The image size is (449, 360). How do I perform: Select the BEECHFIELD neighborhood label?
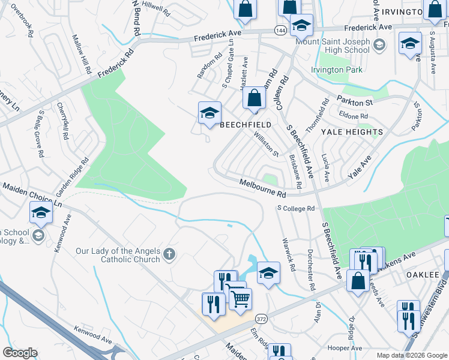tap(246, 125)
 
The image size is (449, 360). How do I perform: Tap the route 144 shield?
tap(280, 29)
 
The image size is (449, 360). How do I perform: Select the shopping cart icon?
tap(240, 298)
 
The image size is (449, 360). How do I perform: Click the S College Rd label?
tap(295, 209)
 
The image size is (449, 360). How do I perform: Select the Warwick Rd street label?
tap(288, 254)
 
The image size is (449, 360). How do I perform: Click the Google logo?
tap(20, 353)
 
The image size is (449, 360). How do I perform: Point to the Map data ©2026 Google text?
tap(411, 355)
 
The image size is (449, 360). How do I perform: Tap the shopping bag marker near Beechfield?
tap(255, 98)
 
